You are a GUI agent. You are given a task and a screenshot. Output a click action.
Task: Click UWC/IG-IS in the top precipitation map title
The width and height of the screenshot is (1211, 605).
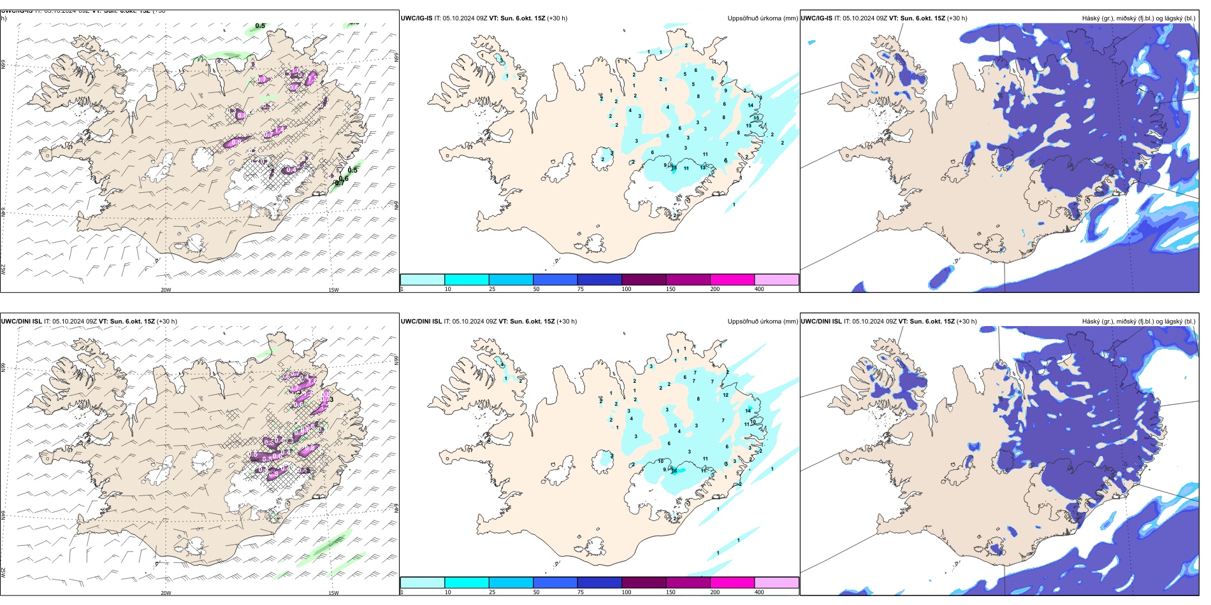pyautogui.click(x=416, y=18)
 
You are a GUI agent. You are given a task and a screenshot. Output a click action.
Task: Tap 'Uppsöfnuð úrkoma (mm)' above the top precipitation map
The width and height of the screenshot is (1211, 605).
pyautogui.click(x=762, y=18)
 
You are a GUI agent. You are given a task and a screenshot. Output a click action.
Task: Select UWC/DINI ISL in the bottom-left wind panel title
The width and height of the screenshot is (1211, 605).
pyautogui.click(x=21, y=322)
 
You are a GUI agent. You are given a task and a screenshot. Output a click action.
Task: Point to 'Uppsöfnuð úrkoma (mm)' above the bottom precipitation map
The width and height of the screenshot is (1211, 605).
pyautogui.click(x=762, y=322)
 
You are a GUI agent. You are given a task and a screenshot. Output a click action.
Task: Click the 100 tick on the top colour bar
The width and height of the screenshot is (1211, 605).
pyautogui.click(x=626, y=289)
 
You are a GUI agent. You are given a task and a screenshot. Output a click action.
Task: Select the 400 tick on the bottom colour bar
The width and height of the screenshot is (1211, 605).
pyautogui.click(x=759, y=592)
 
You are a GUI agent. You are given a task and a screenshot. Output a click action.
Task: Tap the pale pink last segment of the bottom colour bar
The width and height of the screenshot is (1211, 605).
pyautogui.click(x=776, y=583)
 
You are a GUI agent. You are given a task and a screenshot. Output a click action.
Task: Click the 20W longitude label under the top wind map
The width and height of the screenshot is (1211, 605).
pyautogui.click(x=166, y=290)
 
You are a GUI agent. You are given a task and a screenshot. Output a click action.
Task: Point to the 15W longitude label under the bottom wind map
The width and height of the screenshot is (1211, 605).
pyautogui.click(x=333, y=593)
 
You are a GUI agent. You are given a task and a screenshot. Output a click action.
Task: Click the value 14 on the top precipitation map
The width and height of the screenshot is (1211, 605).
pyautogui.click(x=750, y=105)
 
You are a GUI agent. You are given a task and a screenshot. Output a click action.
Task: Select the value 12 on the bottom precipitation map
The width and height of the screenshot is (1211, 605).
pyautogui.click(x=725, y=395)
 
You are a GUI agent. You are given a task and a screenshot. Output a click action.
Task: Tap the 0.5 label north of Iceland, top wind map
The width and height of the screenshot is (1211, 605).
pyautogui.click(x=260, y=26)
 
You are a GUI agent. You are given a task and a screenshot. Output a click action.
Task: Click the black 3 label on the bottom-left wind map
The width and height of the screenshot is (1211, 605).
pyautogui.click(x=331, y=399)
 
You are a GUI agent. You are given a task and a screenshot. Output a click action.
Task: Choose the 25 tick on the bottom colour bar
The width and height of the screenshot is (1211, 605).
pyautogui.click(x=492, y=592)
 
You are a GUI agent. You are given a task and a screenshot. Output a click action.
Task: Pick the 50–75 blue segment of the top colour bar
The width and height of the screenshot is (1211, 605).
pyautogui.click(x=555, y=280)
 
